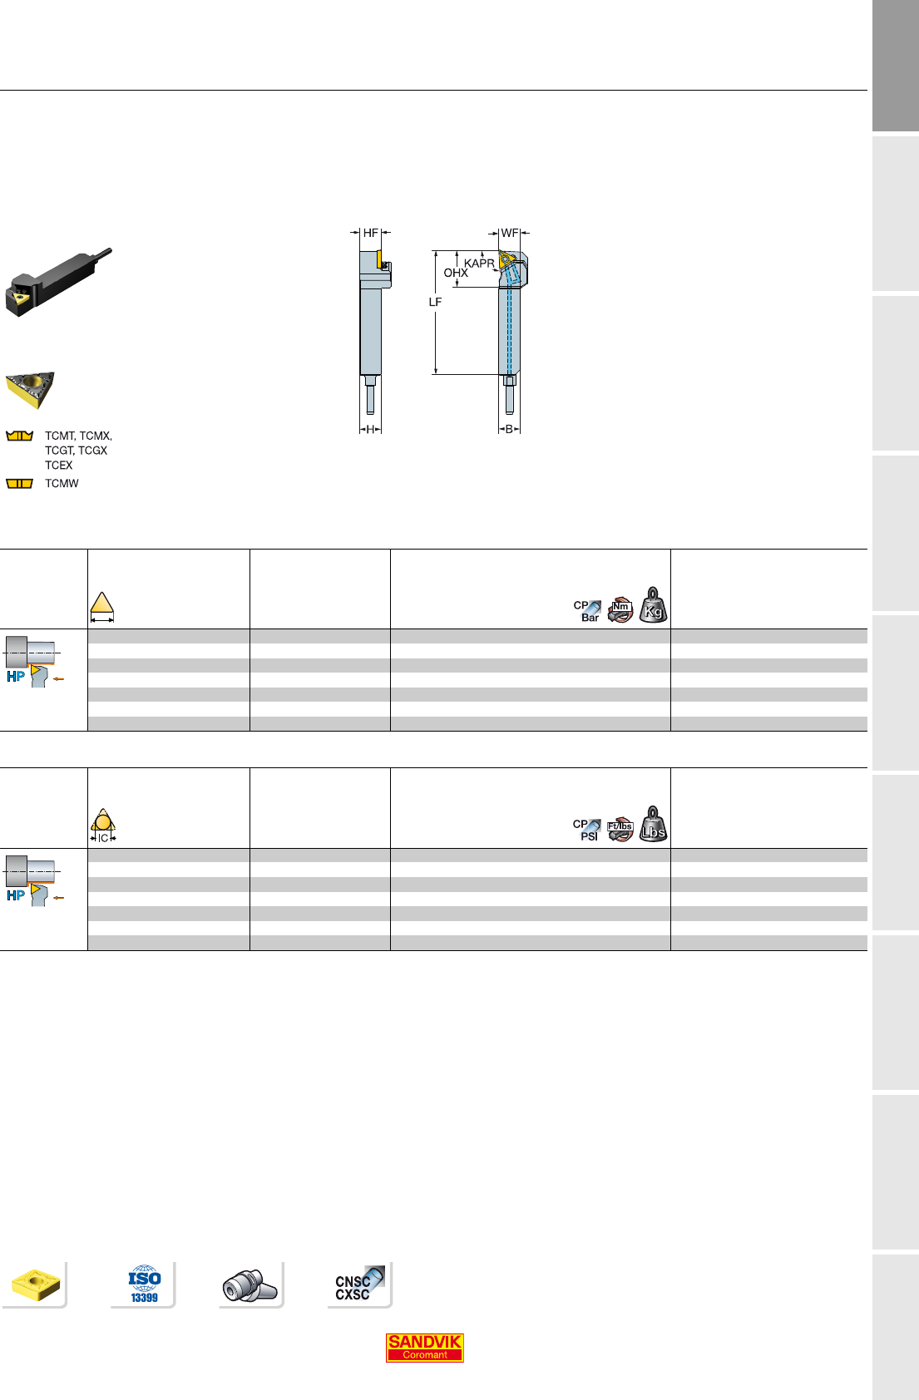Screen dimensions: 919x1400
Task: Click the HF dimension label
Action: click(x=371, y=233)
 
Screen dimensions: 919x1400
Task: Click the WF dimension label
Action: click(x=510, y=233)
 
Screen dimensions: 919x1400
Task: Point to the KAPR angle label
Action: click(x=479, y=264)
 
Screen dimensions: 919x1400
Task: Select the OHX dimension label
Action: click(x=456, y=274)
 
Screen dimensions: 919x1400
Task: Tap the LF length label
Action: click(x=435, y=302)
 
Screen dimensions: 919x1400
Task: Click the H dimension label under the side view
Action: click(x=370, y=429)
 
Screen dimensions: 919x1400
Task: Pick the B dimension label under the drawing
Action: click(x=509, y=429)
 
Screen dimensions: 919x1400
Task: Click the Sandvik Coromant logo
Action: click(x=425, y=1348)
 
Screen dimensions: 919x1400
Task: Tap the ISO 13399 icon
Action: click(x=145, y=1284)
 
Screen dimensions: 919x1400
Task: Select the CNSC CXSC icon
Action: click(x=358, y=1284)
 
